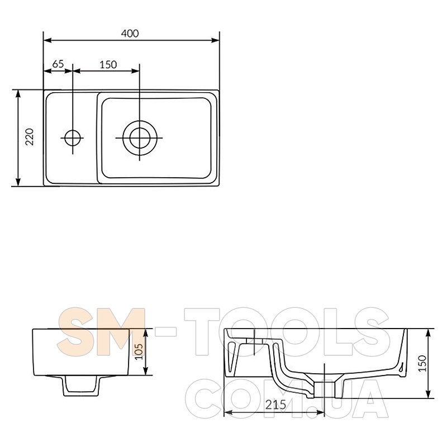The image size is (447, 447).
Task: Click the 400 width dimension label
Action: [x=130, y=34]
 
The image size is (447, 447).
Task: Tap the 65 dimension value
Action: [x=58, y=64]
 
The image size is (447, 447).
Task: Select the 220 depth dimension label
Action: [x=30, y=137]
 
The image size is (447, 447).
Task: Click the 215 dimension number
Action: [x=275, y=405]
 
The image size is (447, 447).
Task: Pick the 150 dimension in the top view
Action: [x=108, y=65]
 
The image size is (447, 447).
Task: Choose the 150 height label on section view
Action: [x=423, y=363]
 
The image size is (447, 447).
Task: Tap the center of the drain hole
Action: [x=139, y=138]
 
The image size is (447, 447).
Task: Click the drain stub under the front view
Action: [x=81, y=386]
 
